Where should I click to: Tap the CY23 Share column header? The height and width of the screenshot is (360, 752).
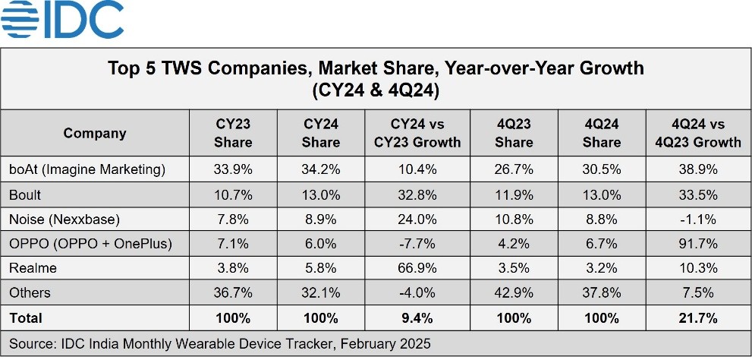pos(233,133)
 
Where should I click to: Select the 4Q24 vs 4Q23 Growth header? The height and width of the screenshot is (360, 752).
pos(696,133)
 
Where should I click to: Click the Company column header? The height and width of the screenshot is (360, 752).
pos(95,134)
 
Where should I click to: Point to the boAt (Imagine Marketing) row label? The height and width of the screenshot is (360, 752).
pos(87,169)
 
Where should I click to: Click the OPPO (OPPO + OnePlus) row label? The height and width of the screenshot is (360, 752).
pos(90,243)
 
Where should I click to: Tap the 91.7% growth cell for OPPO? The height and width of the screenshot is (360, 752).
pos(696,243)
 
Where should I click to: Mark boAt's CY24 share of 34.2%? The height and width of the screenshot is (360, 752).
pos(321,169)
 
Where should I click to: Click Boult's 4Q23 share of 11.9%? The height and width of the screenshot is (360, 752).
pos(514,194)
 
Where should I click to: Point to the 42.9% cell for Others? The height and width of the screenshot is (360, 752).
pos(514,293)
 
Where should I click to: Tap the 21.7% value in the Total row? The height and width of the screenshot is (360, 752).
pos(696,318)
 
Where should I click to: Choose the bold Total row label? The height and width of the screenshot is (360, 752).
pos(26,318)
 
